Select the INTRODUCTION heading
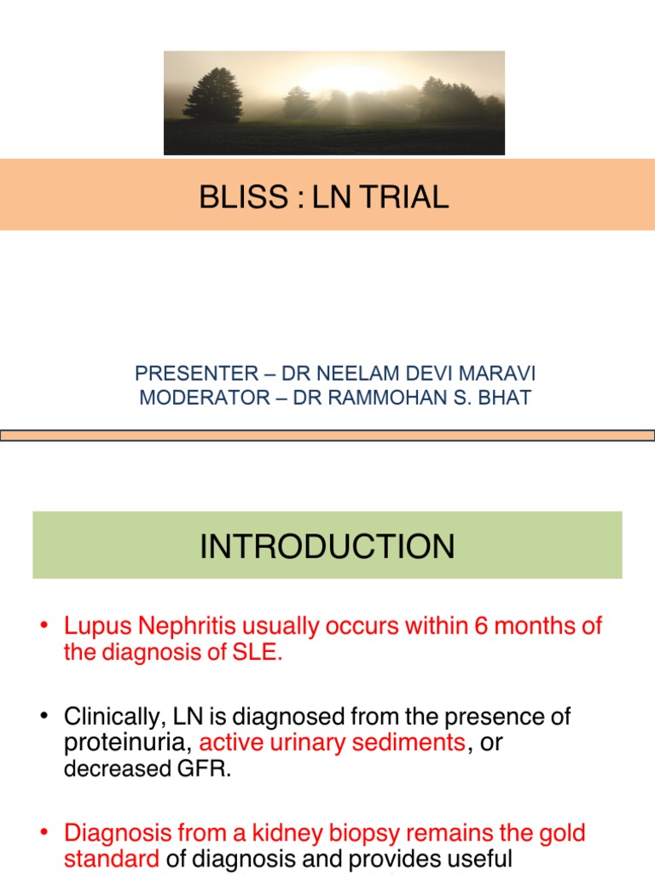point(327,546)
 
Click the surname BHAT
point(509,399)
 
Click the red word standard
point(111,859)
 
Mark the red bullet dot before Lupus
point(43,626)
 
